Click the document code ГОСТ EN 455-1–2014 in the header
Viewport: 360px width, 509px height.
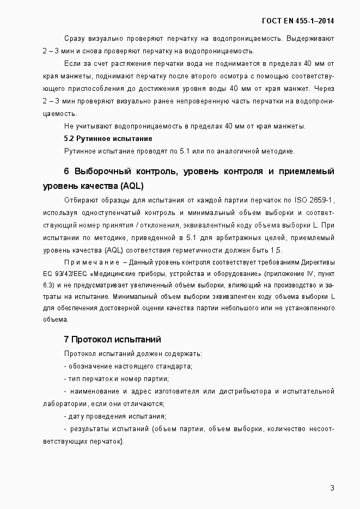click(x=298, y=21)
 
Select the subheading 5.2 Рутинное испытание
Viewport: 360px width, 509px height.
click(x=108, y=138)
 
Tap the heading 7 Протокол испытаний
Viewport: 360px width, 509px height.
click(x=112, y=339)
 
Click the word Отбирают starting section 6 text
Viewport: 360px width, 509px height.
click(x=81, y=200)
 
